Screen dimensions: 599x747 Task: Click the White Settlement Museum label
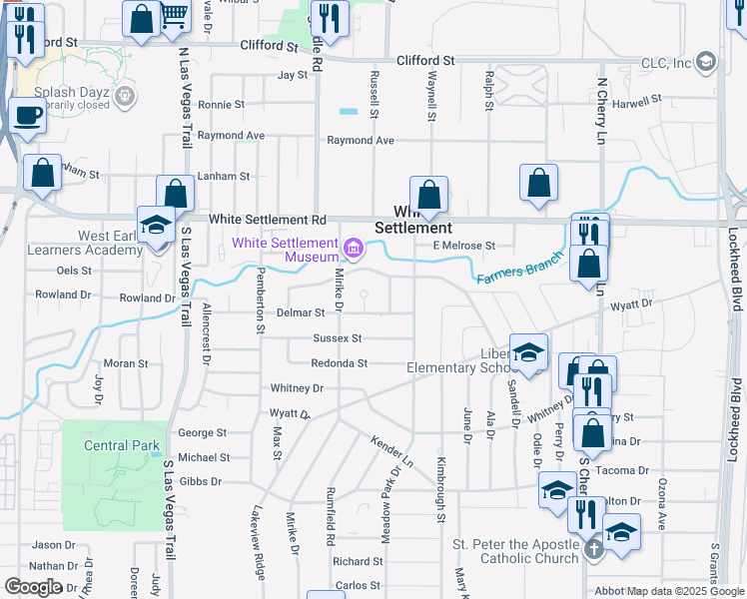tap(285, 250)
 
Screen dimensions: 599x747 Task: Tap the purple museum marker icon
tap(353, 248)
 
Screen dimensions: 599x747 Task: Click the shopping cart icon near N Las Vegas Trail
tap(175, 15)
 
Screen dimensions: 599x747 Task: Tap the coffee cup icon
tap(27, 114)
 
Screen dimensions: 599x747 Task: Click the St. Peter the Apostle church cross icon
tap(593, 548)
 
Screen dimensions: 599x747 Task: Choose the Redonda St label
tap(340, 363)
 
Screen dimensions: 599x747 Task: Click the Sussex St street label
tap(337, 339)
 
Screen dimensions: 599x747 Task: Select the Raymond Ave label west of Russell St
tap(231, 135)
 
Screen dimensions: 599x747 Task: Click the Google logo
tap(33, 587)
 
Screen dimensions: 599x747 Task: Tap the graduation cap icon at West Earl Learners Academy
tap(156, 225)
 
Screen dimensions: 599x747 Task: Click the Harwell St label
tap(638, 101)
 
